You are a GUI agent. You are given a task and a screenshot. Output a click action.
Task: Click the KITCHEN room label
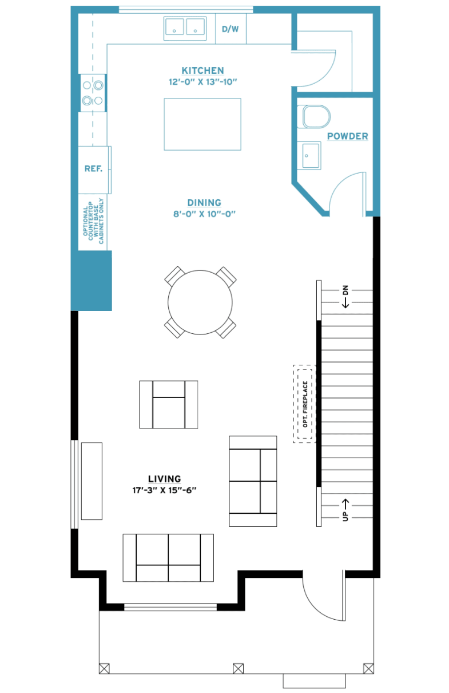tap(202, 70)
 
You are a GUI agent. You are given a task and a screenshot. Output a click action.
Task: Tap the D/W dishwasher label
tap(230, 29)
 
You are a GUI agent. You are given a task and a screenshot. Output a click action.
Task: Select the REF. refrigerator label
tap(93, 168)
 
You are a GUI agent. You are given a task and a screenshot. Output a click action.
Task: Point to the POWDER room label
tap(348, 136)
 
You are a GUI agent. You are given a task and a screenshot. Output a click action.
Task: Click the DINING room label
tap(204, 203)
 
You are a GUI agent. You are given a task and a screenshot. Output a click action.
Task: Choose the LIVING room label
tap(164, 479)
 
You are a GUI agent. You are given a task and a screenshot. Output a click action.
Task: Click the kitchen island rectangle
tap(202, 124)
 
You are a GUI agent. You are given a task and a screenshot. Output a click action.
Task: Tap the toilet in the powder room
tap(313, 117)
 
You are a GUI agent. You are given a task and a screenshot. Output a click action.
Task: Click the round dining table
tap(200, 302)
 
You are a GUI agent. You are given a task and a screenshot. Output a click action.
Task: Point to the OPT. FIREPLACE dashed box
tap(304, 404)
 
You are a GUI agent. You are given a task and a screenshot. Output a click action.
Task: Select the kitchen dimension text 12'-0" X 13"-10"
tap(202, 82)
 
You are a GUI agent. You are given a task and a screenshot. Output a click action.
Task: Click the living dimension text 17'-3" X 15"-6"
tap(164, 490)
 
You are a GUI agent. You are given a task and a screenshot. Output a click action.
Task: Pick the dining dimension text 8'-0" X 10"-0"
tap(204, 214)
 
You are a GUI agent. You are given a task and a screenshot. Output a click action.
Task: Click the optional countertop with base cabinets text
tap(93, 221)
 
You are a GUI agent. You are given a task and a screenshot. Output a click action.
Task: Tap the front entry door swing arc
tap(315, 607)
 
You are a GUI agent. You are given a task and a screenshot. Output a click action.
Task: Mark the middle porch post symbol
tap(238, 668)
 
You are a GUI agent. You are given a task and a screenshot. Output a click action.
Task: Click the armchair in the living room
tap(168, 405)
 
